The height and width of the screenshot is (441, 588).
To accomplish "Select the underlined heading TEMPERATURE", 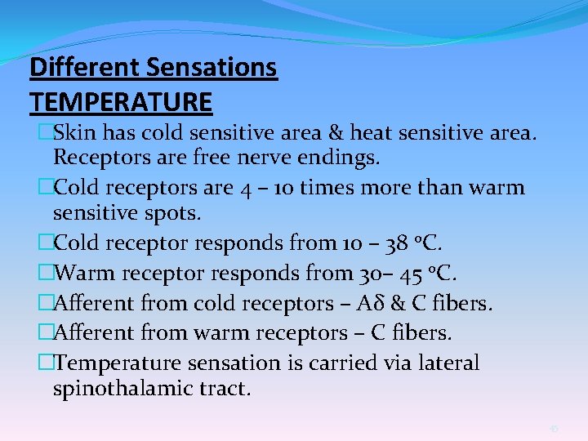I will point(121,102).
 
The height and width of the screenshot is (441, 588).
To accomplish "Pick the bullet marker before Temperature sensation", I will point(46,362).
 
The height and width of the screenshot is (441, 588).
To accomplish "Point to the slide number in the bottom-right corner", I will point(554,428).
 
